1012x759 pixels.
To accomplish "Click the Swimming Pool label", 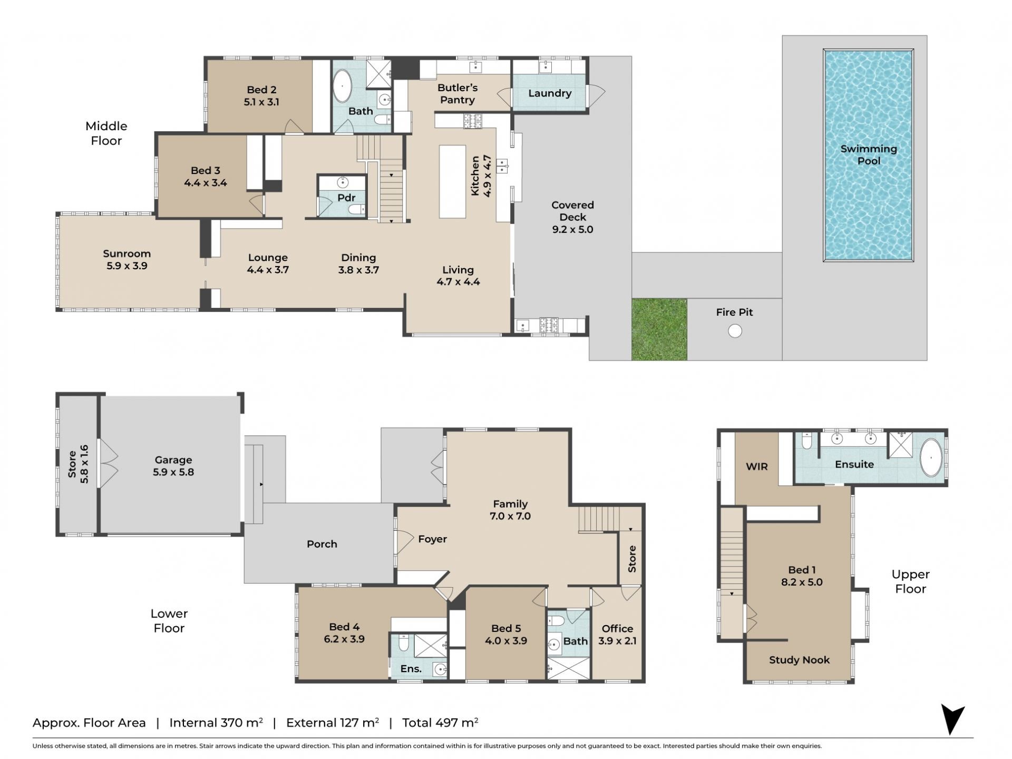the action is tap(869, 155).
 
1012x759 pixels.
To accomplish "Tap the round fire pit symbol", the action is tap(735, 331).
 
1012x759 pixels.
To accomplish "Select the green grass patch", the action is tap(659, 329).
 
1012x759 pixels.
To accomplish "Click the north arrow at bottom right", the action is tap(952, 719).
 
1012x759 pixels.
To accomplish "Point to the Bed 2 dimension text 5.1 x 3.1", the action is tap(261, 102).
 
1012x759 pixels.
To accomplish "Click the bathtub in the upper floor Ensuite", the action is tap(931, 458).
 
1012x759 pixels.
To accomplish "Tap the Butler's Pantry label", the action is tap(458, 94).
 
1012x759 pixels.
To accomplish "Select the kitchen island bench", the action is tap(453, 182).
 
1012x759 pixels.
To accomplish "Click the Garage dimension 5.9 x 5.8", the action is tap(173, 472).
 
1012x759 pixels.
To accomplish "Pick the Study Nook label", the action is tap(799, 660).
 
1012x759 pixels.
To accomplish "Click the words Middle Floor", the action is tap(106, 133).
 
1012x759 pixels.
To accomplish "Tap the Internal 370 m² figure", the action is tap(216, 723).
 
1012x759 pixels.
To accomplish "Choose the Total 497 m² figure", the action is tap(440, 723).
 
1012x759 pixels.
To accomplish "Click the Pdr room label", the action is tap(346, 198).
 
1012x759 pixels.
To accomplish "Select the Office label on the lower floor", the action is tap(617, 628).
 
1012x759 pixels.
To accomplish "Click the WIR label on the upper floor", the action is tap(757, 466).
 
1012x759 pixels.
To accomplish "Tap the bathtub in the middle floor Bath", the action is tap(342, 86).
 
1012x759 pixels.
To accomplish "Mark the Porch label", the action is tap(322, 544).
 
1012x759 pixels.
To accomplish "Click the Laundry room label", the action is tap(550, 93).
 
